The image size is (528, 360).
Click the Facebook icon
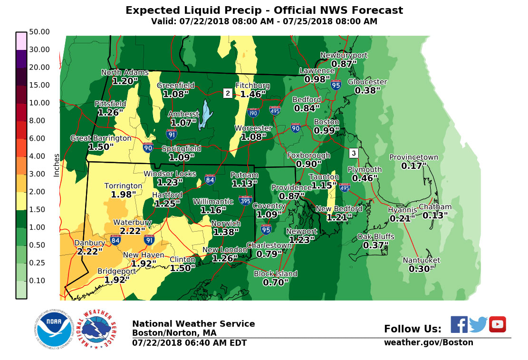click(459, 324)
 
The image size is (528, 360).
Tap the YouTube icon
click(498, 324)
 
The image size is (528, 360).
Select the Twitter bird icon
click(478, 324)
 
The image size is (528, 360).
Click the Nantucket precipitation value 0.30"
click(422, 269)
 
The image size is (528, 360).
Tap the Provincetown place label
click(413, 157)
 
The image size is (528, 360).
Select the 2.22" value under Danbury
click(90, 251)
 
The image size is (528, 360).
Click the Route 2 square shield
click(228, 93)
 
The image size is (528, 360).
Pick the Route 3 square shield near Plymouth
click(353, 153)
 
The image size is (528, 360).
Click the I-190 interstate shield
click(253, 113)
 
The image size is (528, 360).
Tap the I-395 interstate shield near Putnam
click(246, 200)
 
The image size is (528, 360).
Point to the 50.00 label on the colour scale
click(39, 32)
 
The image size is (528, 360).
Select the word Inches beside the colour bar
click(57, 165)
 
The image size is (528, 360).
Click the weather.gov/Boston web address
click(428, 342)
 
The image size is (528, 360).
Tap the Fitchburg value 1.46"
click(253, 94)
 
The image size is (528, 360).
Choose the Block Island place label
click(275, 273)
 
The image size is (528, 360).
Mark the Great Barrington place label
click(101, 138)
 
